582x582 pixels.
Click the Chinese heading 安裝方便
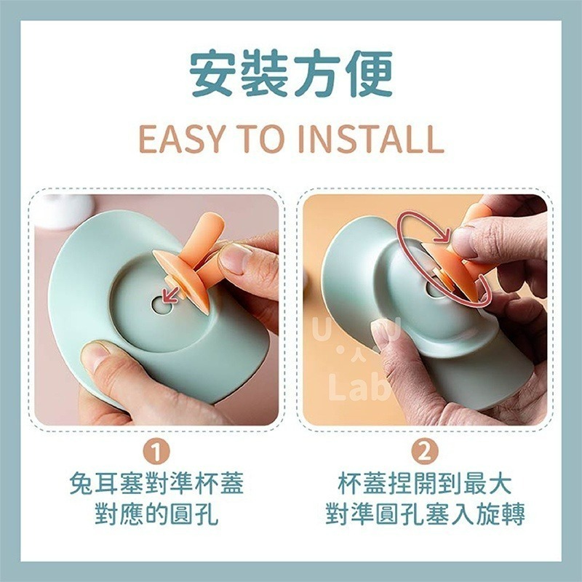[x=291, y=74]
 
